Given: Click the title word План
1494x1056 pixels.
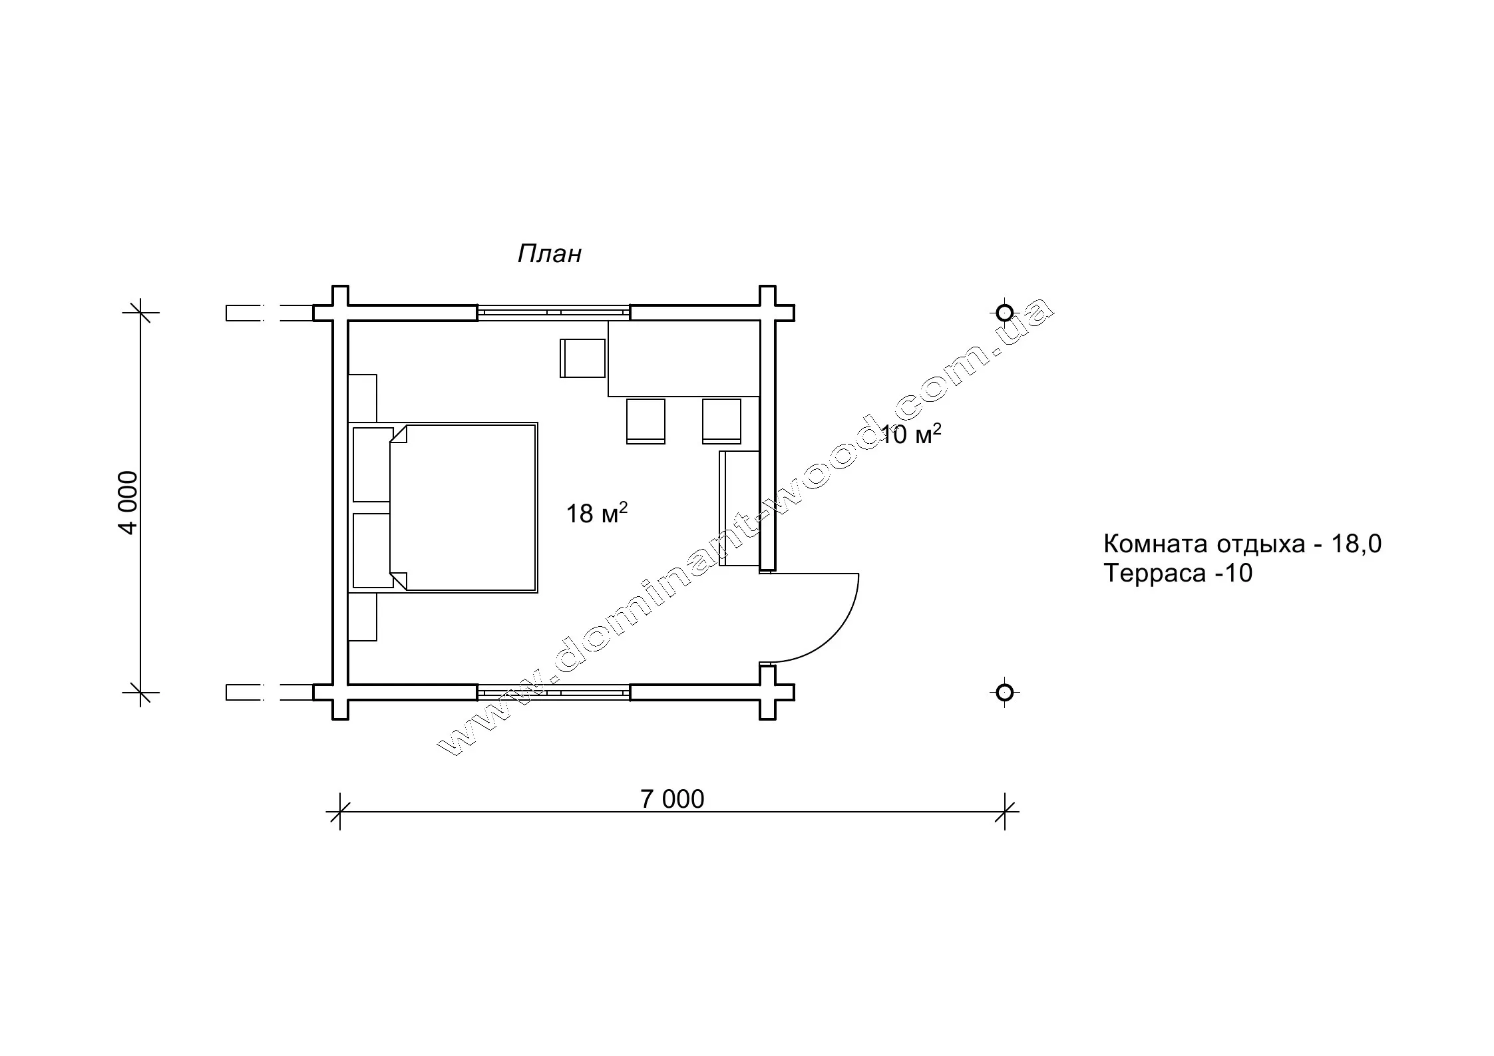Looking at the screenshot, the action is click(550, 254).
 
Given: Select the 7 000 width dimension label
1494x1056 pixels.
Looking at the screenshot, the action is click(672, 799).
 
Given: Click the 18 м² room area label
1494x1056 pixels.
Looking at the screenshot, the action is click(597, 513).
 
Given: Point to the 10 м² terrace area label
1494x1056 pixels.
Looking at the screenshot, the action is click(911, 435).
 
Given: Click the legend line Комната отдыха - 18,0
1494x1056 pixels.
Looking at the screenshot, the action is click(1242, 544).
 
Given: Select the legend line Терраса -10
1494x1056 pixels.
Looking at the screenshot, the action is click(1178, 573).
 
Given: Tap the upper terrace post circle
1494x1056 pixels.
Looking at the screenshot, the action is click(1005, 312).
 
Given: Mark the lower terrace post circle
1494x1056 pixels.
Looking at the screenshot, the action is click(1005, 692).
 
